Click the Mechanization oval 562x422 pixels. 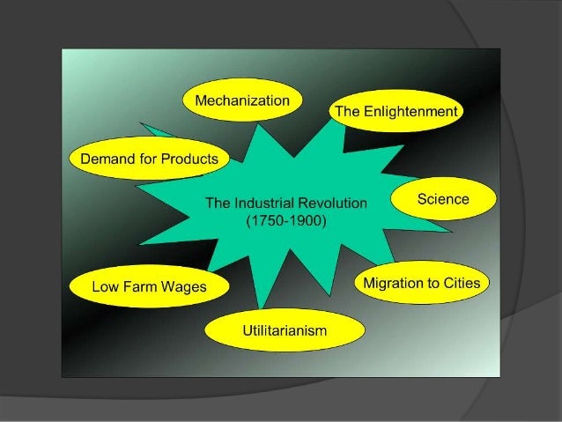(241, 101)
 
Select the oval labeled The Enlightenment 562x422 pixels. (395, 113)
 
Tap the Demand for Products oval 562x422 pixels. (149, 159)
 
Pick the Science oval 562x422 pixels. (442, 200)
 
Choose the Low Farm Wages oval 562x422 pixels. (149, 286)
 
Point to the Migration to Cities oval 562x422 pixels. (422, 283)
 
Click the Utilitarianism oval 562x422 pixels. (285, 330)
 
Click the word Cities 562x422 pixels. (461, 283)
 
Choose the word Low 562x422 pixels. (107, 286)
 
